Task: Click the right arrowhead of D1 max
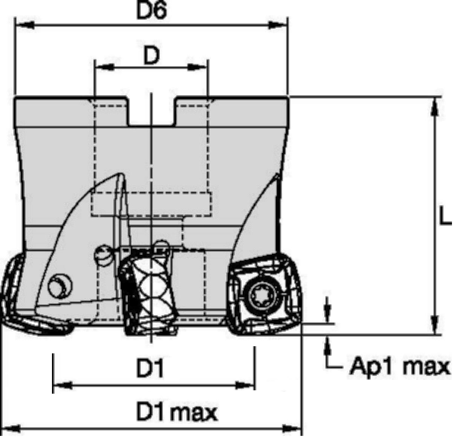coord(293,428)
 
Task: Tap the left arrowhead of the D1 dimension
coord(62,385)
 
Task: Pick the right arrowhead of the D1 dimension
coord(246,385)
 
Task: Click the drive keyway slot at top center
coord(151,111)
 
